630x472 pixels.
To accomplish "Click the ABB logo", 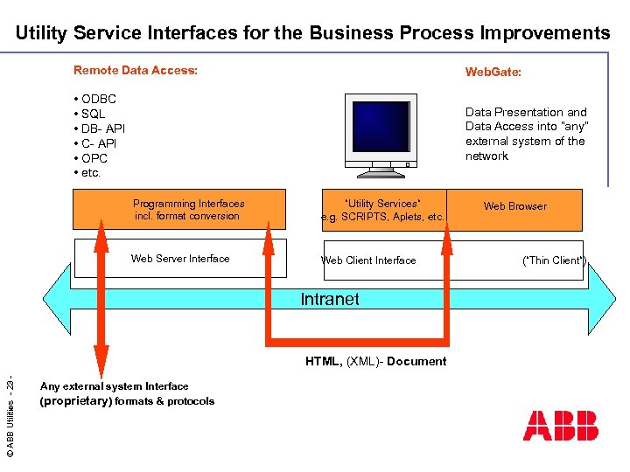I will click(x=560, y=425).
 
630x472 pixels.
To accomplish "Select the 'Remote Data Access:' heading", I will click(x=136, y=70).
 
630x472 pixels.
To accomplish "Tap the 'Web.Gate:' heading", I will click(x=493, y=73).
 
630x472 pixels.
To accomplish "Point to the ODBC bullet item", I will click(x=98, y=99).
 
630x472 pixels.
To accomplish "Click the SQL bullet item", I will click(x=93, y=114).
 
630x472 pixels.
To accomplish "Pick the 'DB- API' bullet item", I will click(x=103, y=128).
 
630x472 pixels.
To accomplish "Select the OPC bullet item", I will click(x=94, y=158).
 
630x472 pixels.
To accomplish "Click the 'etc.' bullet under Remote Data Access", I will click(x=91, y=173).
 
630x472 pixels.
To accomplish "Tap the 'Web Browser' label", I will click(x=514, y=206).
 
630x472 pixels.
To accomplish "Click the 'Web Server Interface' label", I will click(x=180, y=259).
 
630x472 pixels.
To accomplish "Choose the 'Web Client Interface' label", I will click(x=368, y=260).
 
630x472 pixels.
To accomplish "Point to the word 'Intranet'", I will click(x=330, y=299).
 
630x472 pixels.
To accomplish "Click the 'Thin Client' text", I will click(x=554, y=260).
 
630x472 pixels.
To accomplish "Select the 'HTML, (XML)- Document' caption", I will click(x=375, y=362).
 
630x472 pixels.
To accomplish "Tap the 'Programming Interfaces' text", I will click(x=189, y=204).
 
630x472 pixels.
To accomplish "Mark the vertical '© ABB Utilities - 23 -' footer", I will click(x=10, y=416).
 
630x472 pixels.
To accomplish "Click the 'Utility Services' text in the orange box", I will click(x=382, y=204).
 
